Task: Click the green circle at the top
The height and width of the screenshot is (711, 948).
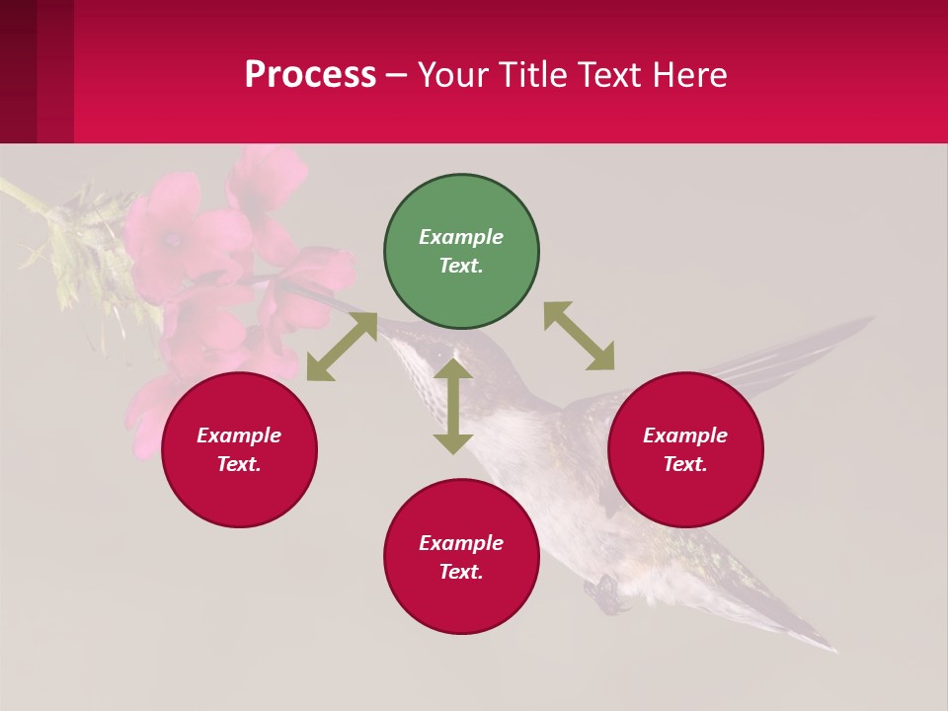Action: [461, 252]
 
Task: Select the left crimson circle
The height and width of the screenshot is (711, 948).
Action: [239, 449]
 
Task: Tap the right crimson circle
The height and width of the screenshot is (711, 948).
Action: [685, 449]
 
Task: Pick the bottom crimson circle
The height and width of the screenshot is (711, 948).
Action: [461, 557]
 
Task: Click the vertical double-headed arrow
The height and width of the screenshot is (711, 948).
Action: [453, 406]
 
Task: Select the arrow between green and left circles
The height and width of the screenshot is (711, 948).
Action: [342, 347]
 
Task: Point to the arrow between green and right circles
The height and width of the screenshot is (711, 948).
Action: [580, 336]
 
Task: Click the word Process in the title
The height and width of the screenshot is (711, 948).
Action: [310, 74]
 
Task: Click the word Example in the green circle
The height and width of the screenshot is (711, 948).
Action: [461, 237]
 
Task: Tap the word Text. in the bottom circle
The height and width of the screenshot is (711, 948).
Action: [461, 572]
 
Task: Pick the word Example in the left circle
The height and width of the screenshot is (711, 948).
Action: [239, 435]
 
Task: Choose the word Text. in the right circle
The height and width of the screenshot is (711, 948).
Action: [685, 464]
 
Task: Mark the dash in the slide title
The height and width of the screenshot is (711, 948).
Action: [397, 75]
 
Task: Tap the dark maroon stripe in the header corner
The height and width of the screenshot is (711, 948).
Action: [18, 71]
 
